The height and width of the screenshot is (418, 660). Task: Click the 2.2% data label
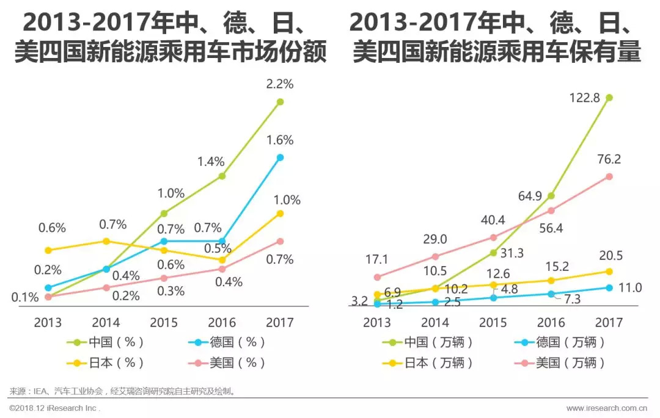[x=280, y=84]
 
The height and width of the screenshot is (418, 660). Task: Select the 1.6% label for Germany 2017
[x=280, y=140]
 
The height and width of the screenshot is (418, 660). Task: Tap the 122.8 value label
[x=590, y=80]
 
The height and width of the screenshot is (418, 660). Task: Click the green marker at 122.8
[x=609, y=97]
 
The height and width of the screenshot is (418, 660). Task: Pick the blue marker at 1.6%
[x=280, y=157]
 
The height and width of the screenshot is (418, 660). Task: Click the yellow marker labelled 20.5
[x=609, y=271]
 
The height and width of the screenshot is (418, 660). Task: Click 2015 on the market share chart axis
[x=164, y=322]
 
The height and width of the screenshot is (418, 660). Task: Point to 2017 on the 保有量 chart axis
[x=609, y=322]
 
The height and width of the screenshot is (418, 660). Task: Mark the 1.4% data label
[x=211, y=162]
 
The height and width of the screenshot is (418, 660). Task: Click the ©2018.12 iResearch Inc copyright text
[x=54, y=408]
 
